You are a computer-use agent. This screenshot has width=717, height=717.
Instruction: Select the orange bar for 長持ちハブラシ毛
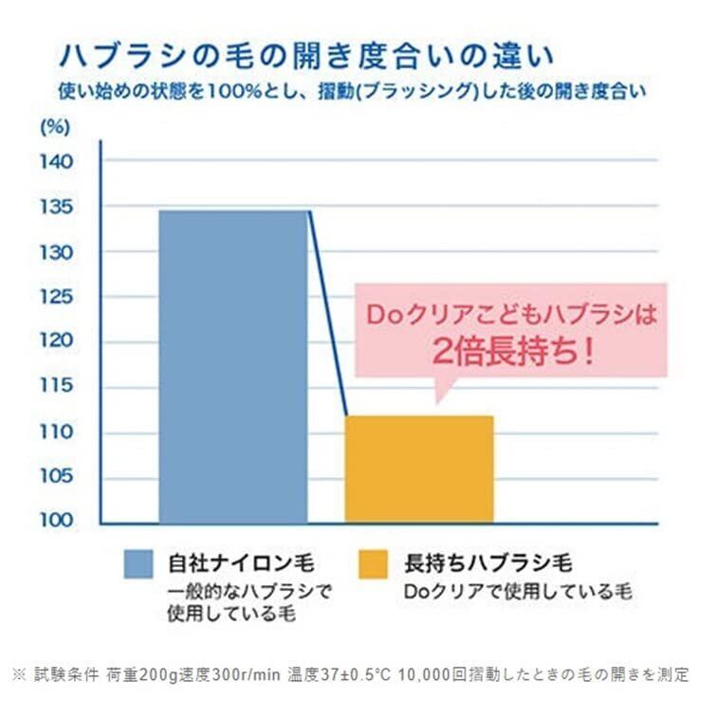click(x=418, y=469)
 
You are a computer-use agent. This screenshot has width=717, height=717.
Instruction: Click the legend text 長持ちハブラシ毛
click(x=487, y=563)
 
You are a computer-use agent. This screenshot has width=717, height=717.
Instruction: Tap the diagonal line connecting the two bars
click(x=328, y=313)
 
